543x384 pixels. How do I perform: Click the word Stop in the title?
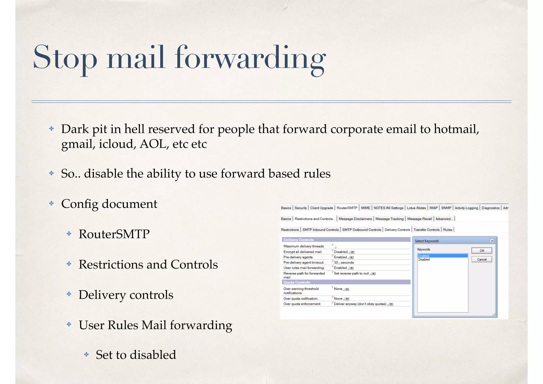coord(65,58)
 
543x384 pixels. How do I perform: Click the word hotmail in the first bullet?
coord(456,129)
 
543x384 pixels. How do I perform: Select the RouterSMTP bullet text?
coord(114,234)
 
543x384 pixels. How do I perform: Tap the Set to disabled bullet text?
coord(136,355)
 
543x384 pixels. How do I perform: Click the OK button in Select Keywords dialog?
coord(481,251)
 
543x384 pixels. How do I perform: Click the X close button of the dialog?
coord(492,241)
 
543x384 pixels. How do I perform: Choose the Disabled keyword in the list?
coord(424,260)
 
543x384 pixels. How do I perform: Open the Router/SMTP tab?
coord(347,208)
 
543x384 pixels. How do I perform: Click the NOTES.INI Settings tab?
coord(388,208)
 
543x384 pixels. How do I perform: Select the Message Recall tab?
coord(419,219)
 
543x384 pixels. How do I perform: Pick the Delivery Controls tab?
coord(397,230)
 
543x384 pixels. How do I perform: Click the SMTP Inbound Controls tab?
coord(320,230)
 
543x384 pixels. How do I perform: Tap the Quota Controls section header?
coord(297,282)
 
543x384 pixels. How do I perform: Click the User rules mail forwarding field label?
coord(304,268)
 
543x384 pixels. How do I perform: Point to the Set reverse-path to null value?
coord(351,273)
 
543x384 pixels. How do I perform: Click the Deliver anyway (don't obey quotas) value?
coord(360,304)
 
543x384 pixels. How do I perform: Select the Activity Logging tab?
coord(466,208)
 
